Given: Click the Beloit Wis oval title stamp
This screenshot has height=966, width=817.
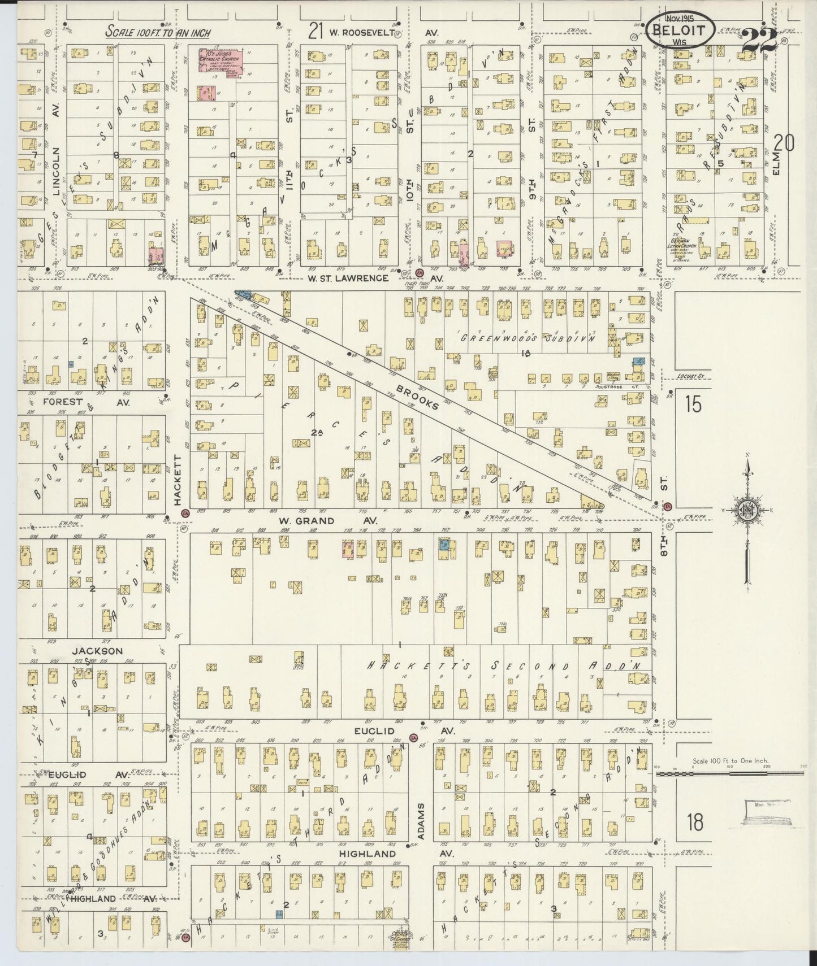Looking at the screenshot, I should click(x=680, y=29).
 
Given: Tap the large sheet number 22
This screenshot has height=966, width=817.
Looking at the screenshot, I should click(x=759, y=40).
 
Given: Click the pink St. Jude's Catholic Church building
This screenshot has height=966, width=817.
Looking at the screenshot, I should click(x=221, y=62).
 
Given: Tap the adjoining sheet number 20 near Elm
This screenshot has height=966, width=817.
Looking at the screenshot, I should click(x=784, y=143).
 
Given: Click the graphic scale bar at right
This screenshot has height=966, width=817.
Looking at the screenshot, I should click(x=729, y=772).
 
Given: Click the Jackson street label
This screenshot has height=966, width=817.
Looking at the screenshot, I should click(x=97, y=651).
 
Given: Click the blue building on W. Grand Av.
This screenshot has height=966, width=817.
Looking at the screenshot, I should click(x=444, y=545).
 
